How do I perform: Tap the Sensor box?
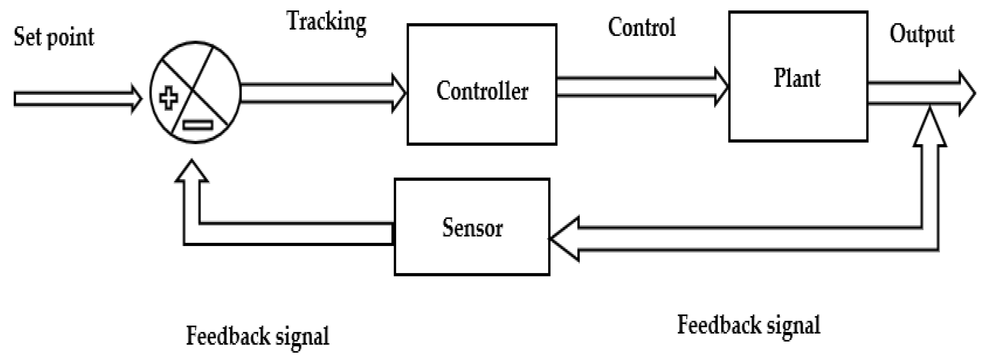pyautogui.click(x=472, y=252)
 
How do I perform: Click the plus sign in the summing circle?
pyautogui.click(x=168, y=98)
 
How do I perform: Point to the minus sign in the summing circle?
pyautogui.click(x=197, y=125)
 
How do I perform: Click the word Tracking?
pyautogui.click(x=327, y=22)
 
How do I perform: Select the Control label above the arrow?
pyautogui.click(x=642, y=27)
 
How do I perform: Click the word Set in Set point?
pyautogui.click(x=27, y=37)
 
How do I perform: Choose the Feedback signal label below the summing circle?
pyautogui.click(x=257, y=336)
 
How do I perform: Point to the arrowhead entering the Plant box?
pyautogui.click(x=722, y=87)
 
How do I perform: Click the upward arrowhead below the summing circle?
pyautogui.click(x=192, y=172)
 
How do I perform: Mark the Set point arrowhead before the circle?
pyautogui.click(x=136, y=99)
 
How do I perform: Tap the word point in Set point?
pyautogui.click(x=70, y=38)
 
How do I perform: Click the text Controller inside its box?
pyautogui.click(x=482, y=91)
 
